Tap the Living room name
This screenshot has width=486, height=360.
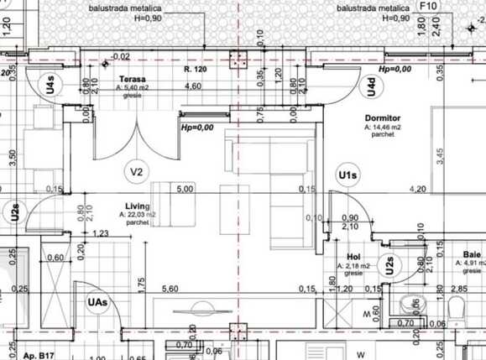[x=137, y=206]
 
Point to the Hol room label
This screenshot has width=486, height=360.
[x=353, y=257]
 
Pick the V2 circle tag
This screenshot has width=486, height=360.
[x=138, y=172]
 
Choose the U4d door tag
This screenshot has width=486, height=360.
[x=368, y=85]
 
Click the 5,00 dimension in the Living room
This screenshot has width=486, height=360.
[x=185, y=189]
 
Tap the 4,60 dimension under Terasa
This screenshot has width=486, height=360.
[x=192, y=86]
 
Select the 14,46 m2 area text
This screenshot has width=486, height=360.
[x=387, y=128]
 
